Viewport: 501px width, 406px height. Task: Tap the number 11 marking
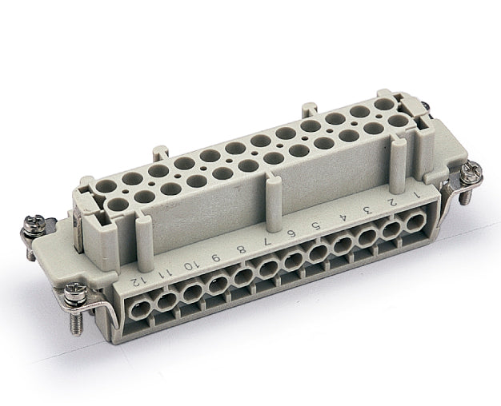(x=165, y=273)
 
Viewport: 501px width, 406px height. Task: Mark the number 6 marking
(x=292, y=233)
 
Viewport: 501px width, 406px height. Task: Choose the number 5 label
(x=316, y=225)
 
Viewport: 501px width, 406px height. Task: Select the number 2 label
(x=391, y=201)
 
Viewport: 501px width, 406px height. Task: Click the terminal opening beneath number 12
(x=140, y=304)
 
